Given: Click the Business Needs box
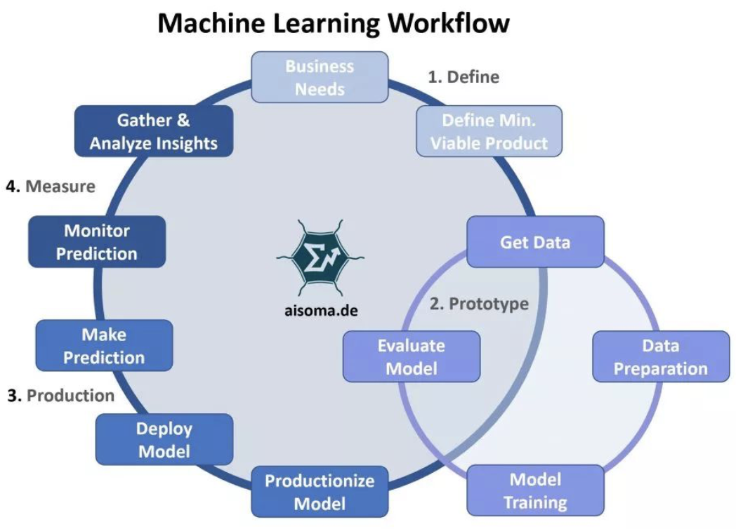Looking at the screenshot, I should click(x=320, y=78).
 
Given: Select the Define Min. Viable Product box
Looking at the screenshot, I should click(x=489, y=131).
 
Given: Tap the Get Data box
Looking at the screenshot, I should click(x=535, y=242).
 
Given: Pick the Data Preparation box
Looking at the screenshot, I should click(x=661, y=356).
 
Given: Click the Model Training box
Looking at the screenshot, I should click(x=535, y=490).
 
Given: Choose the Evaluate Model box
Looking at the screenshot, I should click(x=412, y=356).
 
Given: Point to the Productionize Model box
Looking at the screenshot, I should click(x=320, y=492).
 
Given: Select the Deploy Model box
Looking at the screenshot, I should click(x=164, y=439).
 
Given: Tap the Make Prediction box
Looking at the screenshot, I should click(x=104, y=345).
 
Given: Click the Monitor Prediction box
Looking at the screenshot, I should click(x=97, y=241).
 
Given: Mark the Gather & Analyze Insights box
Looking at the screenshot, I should click(x=153, y=131).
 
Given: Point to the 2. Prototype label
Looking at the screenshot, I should click(x=479, y=304).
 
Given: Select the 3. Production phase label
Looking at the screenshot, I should click(x=61, y=396).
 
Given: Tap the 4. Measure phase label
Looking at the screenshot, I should click(x=51, y=187).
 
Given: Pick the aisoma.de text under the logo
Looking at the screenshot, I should click(x=316, y=309).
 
